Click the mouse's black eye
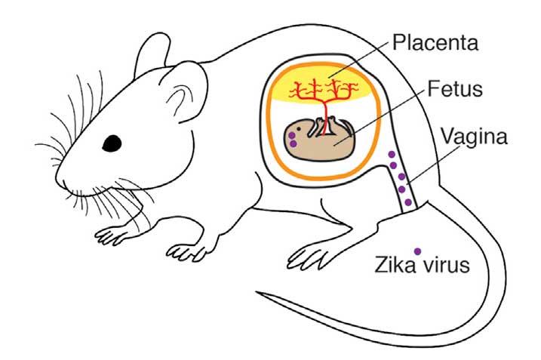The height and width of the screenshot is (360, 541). (x=112, y=142)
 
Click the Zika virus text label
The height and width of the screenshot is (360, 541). (x=423, y=266)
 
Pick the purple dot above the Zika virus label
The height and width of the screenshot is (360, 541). (x=417, y=250)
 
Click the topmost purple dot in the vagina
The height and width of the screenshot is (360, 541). (x=392, y=155)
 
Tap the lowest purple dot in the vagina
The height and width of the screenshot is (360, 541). (x=408, y=202)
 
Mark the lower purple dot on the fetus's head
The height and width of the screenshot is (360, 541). (x=293, y=143)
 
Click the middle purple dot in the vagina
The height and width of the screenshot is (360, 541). (x=401, y=177)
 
